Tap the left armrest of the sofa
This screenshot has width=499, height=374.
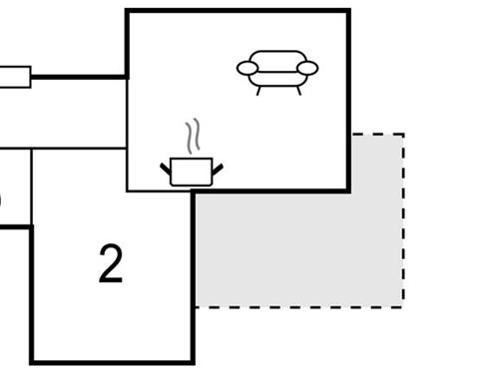click(x=248, y=68)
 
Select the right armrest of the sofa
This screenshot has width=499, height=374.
click(x=307, y=68)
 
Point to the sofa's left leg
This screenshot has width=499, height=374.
click(x=259, y=90)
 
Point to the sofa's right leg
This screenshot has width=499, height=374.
click(x=297, y=90)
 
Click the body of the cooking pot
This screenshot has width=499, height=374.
click(x=191, y=172)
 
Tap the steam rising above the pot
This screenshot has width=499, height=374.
click(x=196, y=137)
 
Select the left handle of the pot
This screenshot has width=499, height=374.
click(x=166, y=167)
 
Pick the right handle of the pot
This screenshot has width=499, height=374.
click(x=217, y=167)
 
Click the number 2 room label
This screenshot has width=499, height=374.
click(x=111, y=264)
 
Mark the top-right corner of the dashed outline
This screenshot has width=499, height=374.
click(x=403, y=135)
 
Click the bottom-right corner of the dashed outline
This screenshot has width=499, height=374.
click(x=403, y=306)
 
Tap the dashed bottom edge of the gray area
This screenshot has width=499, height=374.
click(x=299, y=306)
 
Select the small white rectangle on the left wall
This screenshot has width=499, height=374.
click(x=14, y=77)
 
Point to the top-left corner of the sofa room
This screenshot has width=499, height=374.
click(x=127, y=11)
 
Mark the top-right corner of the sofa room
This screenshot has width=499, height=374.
click(x=348, y=11)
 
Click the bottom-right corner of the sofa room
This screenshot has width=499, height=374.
click(x=348, y=190)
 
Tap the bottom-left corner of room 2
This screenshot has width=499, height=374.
click(x=32, y=361)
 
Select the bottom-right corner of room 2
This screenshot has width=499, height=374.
click(x=193, y=361)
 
